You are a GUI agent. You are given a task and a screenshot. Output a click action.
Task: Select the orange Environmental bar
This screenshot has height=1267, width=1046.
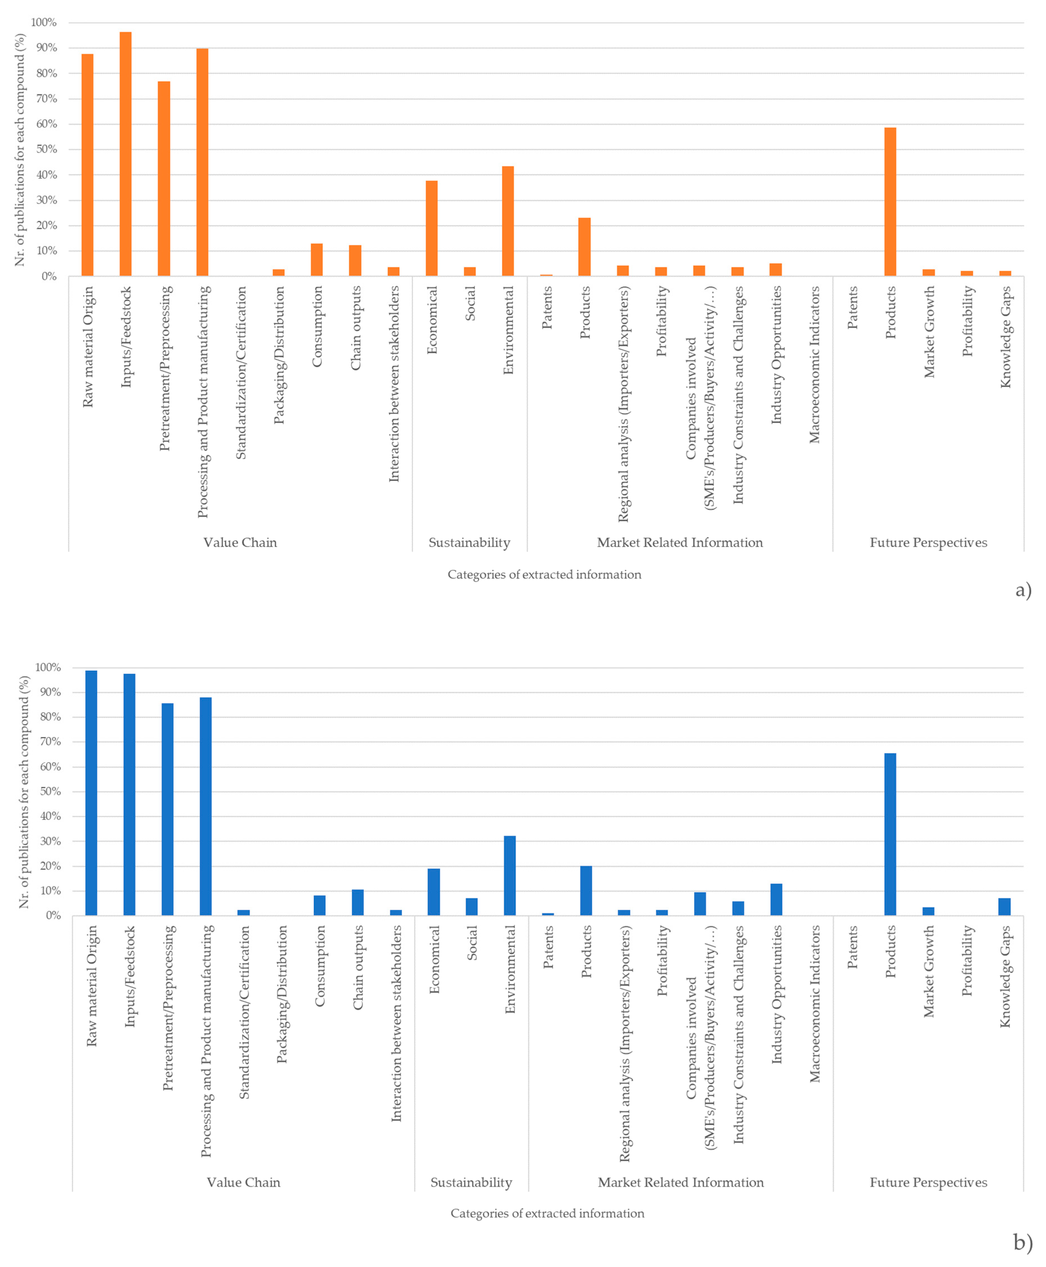pos(508,221)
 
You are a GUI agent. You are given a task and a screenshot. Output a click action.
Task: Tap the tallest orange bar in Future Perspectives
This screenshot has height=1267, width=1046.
pos(890,202)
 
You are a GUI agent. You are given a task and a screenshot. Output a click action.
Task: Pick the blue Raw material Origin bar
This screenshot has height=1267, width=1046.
pos(91,793)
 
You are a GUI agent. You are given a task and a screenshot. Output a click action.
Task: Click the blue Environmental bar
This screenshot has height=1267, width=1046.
pos(510,875)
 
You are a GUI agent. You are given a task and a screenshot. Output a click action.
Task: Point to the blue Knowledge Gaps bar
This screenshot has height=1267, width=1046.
pos(1005,907)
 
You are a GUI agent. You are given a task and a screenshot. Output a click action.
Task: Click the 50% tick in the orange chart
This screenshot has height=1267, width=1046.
pos(46,149)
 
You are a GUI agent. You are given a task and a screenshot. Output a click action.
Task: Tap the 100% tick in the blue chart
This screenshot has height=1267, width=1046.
pos(48,668)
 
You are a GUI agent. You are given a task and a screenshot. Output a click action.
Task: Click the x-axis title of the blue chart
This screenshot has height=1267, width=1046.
pos(547,1213)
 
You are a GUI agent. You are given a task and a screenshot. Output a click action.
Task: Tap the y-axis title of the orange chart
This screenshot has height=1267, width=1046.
pos(20,149)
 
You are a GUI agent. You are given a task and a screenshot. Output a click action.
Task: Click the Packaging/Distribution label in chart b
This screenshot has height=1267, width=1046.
pos(281,994)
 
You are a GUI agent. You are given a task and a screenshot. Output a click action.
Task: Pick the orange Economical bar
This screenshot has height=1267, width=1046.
pos(431,228)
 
